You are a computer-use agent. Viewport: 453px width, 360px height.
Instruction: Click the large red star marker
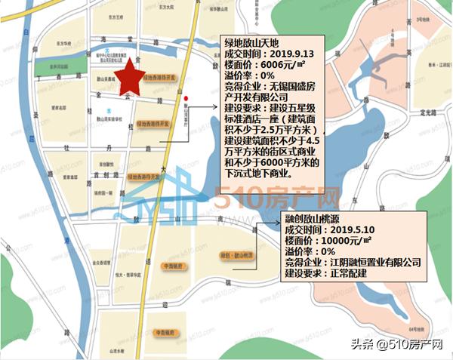tap(130, 75)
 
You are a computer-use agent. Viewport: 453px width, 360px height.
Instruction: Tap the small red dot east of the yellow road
tap(196, 97)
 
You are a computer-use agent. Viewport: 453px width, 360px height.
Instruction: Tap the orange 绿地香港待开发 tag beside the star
tap(160, 78)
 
